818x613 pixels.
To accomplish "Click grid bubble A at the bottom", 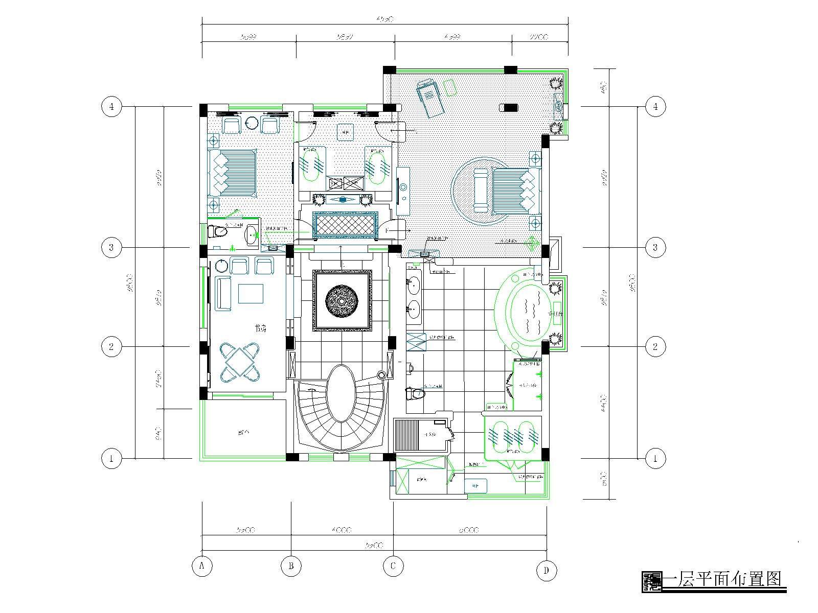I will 202,566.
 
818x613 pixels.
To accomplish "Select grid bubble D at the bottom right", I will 547,571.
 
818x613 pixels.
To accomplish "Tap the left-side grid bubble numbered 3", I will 111,248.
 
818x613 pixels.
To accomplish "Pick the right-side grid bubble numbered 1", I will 655,458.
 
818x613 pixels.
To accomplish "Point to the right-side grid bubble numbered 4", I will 655,107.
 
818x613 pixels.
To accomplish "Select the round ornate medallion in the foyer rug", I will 343,301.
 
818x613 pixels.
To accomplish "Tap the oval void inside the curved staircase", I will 343,393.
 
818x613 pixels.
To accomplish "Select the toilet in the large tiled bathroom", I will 415,393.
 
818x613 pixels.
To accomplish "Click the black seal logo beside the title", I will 651,581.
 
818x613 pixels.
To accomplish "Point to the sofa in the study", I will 223,293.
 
